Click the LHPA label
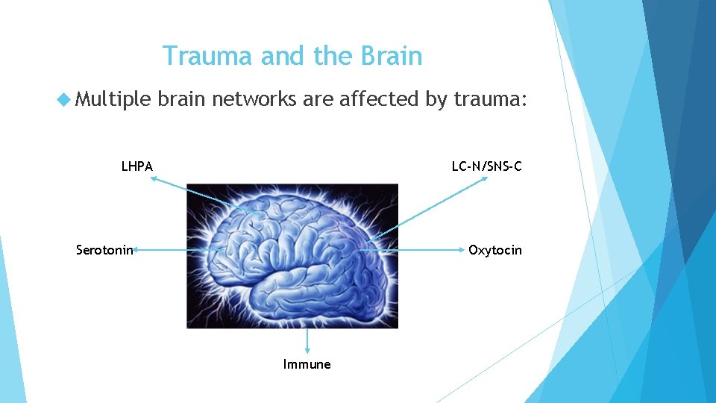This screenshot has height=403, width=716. coord(137,166)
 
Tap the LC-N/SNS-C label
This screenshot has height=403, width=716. coord(486,166)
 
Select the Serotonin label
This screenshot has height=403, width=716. coord(104,250)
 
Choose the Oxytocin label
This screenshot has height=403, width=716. coord(495,250)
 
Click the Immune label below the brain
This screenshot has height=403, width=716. coord(307,364)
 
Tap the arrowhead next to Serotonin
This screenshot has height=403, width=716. coord(137,251)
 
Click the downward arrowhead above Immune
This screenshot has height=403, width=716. coord(307,352)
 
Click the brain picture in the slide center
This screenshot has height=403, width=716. coord(292,256)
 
